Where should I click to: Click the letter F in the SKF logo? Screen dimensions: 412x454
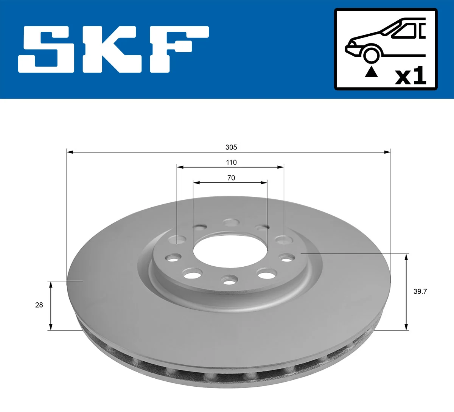[178, 50]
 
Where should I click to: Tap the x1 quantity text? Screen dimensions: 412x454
[410, 76]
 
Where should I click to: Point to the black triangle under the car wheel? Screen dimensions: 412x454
[371, 72]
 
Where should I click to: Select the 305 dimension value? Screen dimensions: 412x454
[231, 147]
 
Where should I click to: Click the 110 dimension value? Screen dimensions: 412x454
[231, 162]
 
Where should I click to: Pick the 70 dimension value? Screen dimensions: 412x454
[231, 178]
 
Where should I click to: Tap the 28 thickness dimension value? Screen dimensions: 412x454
[39, 305]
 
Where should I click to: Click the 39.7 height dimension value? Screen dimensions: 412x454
[420, 291]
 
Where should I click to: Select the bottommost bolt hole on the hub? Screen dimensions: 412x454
[229, 281]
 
